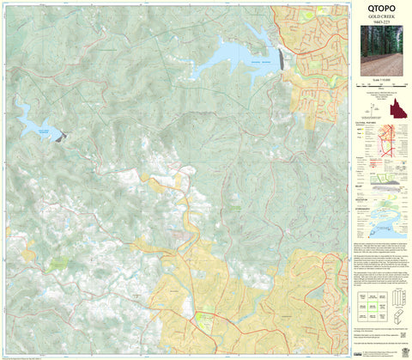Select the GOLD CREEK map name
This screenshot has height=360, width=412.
click(379, 17)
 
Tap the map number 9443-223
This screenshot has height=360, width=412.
click(379, 23)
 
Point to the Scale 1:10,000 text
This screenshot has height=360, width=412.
click(379, 81)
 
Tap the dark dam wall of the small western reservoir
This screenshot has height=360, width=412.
click(59, 136)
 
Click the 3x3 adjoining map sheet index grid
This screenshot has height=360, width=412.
click(368, 304)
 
